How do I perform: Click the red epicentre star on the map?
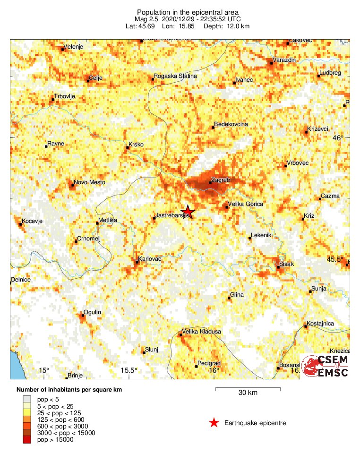(x=188, y=212)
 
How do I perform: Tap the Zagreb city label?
(x=221, y=180)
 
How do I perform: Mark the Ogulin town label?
(x=92, y=312)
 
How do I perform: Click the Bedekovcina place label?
(x=231, y=125)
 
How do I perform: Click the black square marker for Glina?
(x=229, y=298)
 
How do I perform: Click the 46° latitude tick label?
(x=338, y=138)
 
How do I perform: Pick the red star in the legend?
(x=214, y=423)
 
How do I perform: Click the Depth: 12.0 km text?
(x=226, y=26)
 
